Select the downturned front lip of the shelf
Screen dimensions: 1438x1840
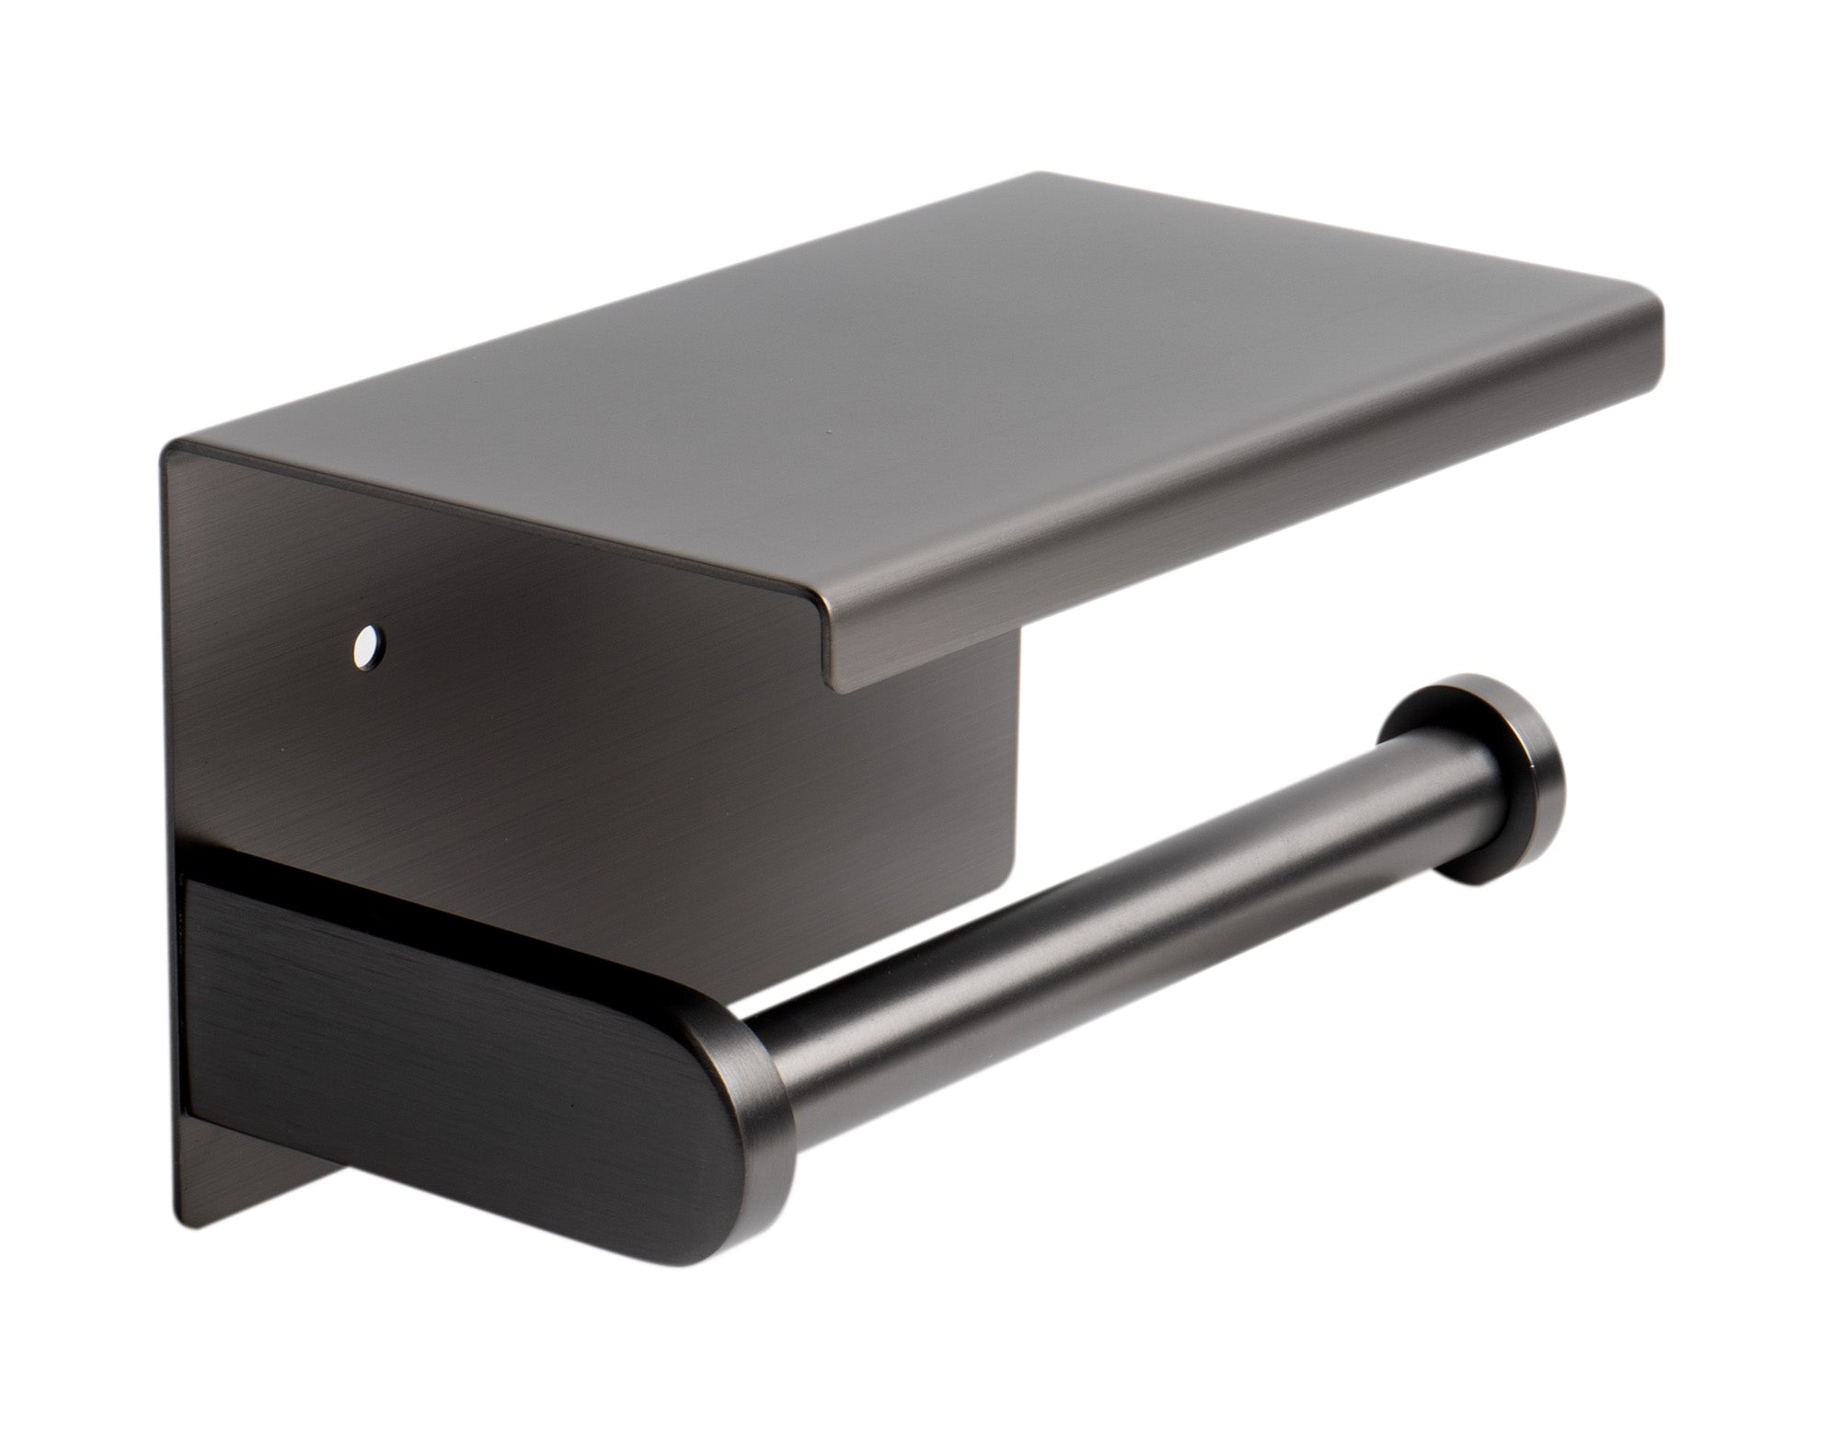(x=1242, y=515)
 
